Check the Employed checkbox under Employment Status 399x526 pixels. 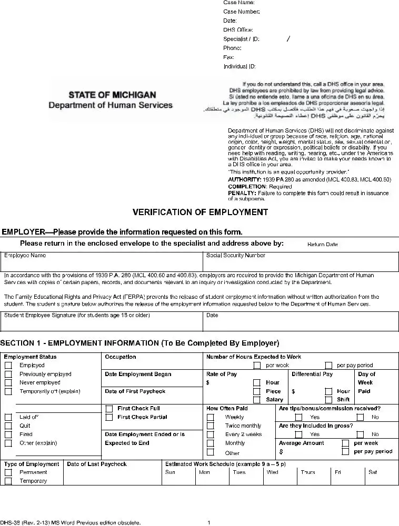pos(8,366)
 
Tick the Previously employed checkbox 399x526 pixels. pos(8,375)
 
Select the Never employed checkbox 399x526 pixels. pos(8,383)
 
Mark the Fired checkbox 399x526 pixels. pos(8,434)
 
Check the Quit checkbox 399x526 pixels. pos(8,426)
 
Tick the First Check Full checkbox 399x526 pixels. pos(109,409)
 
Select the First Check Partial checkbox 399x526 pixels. pos(109,418)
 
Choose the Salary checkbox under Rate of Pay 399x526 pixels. pos(257,400)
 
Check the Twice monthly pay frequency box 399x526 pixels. pos(211,426)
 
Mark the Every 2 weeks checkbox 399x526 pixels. pos(211,435)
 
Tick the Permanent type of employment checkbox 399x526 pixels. pos(8,473)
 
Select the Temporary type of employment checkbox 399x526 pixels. pos(8,481)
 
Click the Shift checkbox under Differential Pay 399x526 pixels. pos(328,400)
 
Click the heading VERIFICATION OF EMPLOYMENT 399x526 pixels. pos(200,213)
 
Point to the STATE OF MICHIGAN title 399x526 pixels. pos(112,95)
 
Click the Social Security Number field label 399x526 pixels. pos(235,256)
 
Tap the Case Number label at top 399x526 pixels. pos(241,12)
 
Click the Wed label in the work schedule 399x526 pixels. pos(272,472)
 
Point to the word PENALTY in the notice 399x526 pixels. pos(240,193)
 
